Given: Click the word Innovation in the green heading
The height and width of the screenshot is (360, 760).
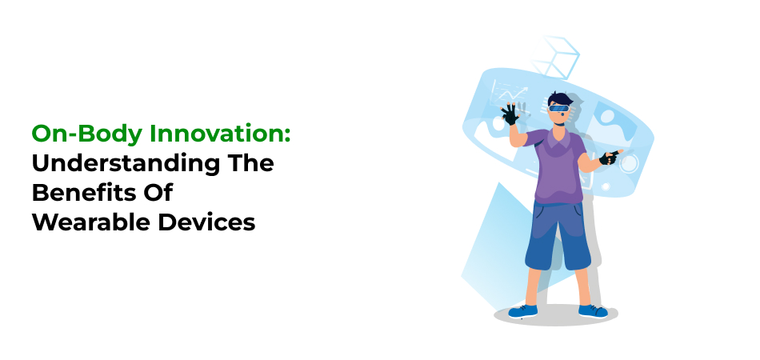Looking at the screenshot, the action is [x=216, y=134].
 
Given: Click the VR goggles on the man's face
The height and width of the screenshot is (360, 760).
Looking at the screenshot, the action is [x=558, y=107].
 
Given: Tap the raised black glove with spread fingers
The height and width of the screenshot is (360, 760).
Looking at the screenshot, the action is [x=510, y=114].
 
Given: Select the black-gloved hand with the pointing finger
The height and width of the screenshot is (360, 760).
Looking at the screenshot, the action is [x=610, y=157].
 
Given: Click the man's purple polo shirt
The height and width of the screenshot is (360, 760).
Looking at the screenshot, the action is [x=558, y=166].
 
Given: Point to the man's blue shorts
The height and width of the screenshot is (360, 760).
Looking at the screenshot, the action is [x=558, y=235].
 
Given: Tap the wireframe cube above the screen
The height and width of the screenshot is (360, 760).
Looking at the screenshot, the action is [x=555, y=57].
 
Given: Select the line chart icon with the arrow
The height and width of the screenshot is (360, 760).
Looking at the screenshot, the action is [x=509, y=94].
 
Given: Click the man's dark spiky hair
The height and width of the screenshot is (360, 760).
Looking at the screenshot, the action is [x=560, y=98].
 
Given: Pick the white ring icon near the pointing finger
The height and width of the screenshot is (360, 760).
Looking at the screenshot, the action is [x=629, y=163].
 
